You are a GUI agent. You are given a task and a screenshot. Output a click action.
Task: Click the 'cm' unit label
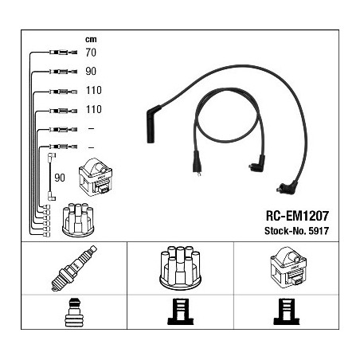pyautogui.click(x=91, y=40)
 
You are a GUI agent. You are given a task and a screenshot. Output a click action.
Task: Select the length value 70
pyautogui.click(x=91, y=53)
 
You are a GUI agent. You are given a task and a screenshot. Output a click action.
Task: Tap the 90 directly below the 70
pyautogui.click(x=91, y=71)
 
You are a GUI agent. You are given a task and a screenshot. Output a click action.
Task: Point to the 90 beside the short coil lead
pyautogui.click(x=60, y=178)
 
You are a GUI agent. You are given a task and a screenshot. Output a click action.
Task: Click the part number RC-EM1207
pyautogui.click(x=297, y=216)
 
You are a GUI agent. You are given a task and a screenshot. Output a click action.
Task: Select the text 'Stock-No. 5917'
pyautogui.click(x=296, y=231)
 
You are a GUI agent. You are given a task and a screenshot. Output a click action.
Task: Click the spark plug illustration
pyautogui.click(x=74, y=268)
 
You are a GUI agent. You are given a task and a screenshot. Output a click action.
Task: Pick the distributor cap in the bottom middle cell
pyautogui.click(x=180, y=267)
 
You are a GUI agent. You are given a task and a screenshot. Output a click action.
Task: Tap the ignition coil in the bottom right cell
pyautogui.click(x=288, y=268)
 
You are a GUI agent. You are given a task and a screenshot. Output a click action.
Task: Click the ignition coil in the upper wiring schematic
pyautogui.click(x=96, y=177)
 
